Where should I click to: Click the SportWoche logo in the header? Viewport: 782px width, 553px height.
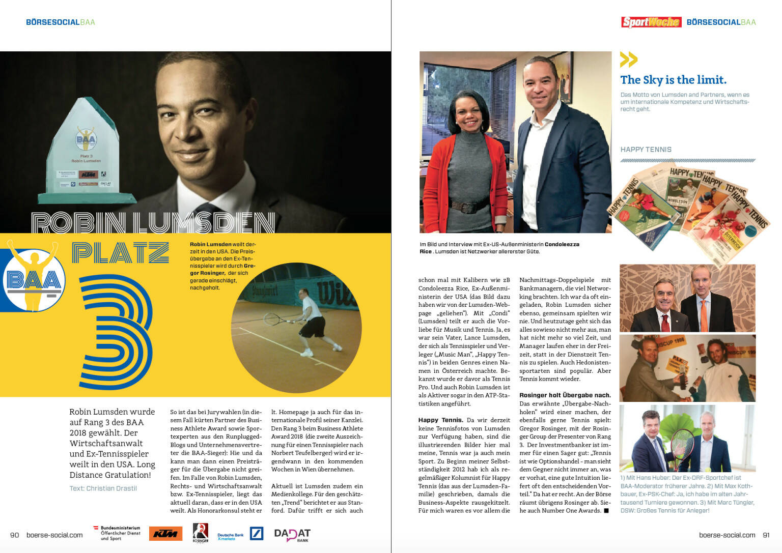click(x=651, y=22)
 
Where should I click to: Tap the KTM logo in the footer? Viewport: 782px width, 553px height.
click(x=165, y=533)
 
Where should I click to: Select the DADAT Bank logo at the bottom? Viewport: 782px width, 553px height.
click(x=292, y=534)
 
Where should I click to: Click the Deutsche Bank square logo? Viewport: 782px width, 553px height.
click(x=257, y=533)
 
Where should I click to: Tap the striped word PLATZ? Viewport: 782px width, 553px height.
click(x=120, y=252)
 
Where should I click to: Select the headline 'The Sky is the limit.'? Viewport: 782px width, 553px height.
click(x=673, y=80)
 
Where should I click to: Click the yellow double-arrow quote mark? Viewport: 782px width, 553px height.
click(x=629, y=60)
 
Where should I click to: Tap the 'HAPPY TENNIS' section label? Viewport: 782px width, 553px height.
click(x=646, y=150)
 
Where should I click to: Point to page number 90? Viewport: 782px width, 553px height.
click(x=15, y=535)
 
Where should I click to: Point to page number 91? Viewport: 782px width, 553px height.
click(x=766, y=535)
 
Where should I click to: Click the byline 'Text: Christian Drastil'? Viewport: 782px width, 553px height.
click(x=103, y=488)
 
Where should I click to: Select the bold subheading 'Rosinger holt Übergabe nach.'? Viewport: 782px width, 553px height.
click(x=565, y=395)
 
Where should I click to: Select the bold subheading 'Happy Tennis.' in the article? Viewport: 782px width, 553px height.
click(x=441, y=420)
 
